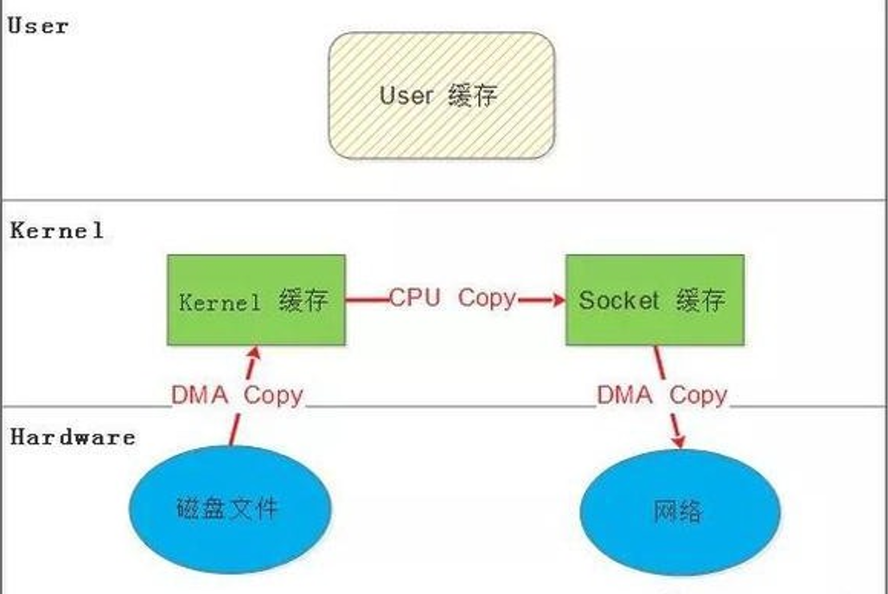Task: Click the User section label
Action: (x=38, y=25)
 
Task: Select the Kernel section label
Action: (x=57, y=231)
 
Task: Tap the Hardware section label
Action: (x=73, y=437)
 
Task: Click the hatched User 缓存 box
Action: (x=441, y=96)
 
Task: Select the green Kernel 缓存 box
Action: (x=256, y=300)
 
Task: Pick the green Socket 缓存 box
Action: (x=655, y=300)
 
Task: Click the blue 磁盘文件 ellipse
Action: (x=231, y=508)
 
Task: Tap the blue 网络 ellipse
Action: (x=679, y=512)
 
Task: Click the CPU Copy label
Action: (x=452, y=298)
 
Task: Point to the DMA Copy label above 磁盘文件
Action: (x=237, y=395)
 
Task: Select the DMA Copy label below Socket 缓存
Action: (x=662, y=395)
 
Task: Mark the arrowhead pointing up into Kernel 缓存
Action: (x=252, y=354)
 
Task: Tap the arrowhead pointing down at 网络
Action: (x=678, y=440)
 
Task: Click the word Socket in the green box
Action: (x=619, y=300)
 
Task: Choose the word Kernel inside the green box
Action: (x=220, y=302)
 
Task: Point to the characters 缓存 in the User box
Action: (x=473, y=95)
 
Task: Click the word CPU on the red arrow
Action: (x=414, y=298)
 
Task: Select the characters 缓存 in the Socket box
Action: (x=701, y=300)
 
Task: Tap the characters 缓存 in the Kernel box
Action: (x=303, y=301)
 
